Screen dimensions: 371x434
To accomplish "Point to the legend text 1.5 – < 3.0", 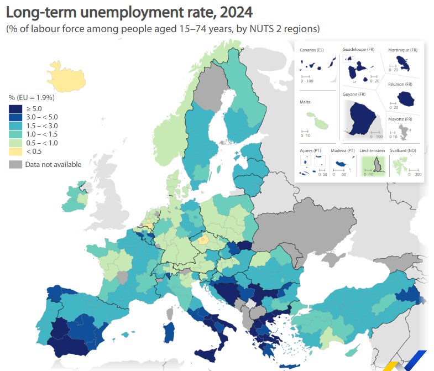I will click(41, 126).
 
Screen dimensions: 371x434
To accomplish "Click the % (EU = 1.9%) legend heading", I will click(32, 98).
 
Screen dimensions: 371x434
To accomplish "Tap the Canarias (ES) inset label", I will click(311, 50).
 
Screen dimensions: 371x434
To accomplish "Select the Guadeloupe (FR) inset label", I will click(358, 50).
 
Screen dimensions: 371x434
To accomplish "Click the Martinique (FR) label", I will click(402, 50).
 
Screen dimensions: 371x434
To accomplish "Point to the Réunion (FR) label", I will click(400, 85).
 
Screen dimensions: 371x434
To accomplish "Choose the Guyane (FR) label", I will click(354, 94).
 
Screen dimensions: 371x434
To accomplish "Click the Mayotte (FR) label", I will click(401, 119).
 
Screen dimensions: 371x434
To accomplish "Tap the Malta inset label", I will click(305, 102).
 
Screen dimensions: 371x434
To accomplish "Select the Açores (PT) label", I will click(310, 150).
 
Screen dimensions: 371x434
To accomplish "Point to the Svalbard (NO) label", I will click(405, 150).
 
